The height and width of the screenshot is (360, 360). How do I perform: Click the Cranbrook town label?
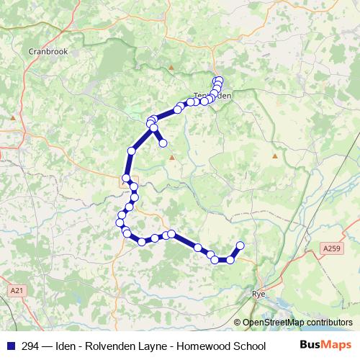(x=47, y=51)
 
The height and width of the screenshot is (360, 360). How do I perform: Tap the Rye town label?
(x=260, y=294)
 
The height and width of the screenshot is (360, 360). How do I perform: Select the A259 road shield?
(x=330, y=248)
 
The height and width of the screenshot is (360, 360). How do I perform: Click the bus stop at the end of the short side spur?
(x=163, y=143)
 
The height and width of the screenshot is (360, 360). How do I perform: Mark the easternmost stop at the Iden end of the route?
(x=240, y=246)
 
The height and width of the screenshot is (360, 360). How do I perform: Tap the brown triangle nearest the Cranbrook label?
(x=12, y=117)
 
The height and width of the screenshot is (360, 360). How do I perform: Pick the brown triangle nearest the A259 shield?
(x=275, y=156)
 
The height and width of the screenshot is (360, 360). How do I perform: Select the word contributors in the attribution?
(x=331, y=323)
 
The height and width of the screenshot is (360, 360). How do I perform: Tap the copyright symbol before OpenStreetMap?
(x=238, y=323)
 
